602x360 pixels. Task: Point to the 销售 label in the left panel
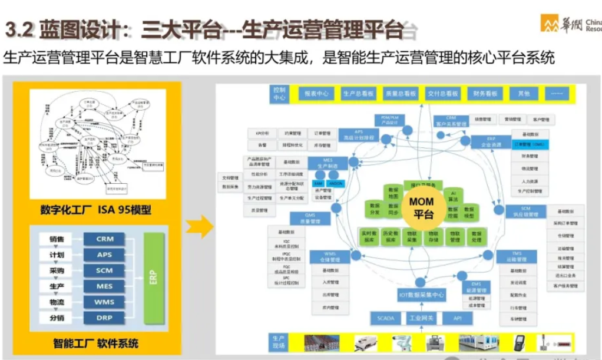point(57,239)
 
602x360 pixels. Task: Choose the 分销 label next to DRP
point(57,318)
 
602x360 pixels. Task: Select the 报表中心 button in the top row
point(316,93)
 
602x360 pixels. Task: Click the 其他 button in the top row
point(523,93)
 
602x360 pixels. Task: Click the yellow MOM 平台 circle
point(421,209)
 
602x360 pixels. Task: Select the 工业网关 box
point(421,318)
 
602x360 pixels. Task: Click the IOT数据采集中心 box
point(421,295)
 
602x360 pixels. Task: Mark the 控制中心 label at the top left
point(279,94)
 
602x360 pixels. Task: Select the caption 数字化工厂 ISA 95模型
point(95,209)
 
